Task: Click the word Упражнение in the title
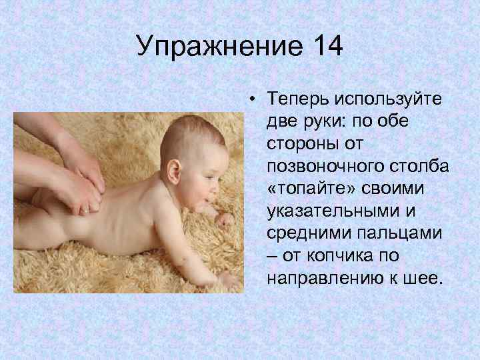(214, 47)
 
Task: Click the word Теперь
(298, 99)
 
